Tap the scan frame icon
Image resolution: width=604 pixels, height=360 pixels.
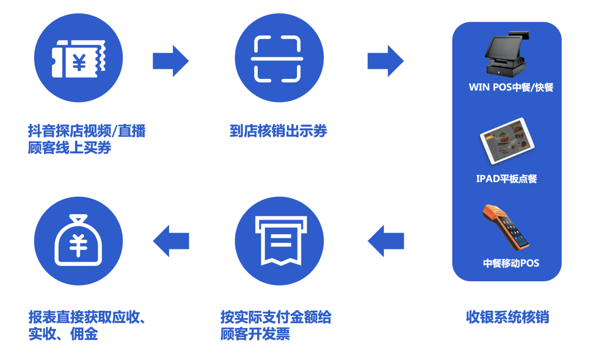pyautogui.click(x=277, y=59)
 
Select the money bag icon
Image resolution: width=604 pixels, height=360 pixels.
pyautogui.click(x=78, y=240)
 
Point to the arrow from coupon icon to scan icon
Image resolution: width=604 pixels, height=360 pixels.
pyautogui.click(x=171, y=61)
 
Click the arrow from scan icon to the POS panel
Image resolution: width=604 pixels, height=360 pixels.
pyautogui.click(x=385, y=61)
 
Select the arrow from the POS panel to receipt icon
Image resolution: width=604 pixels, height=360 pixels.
pyautogui.click(x=385, y=241)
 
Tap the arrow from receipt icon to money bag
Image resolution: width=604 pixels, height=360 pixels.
pyautogui.click(x=171, y=241)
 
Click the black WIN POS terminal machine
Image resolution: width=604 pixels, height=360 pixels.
pyautogui.click(x=506, y=55)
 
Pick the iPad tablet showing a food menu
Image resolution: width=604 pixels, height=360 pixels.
pyautogui.click(x=507, y=141)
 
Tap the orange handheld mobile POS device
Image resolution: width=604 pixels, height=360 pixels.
pyautogui.click(x=505, y=227)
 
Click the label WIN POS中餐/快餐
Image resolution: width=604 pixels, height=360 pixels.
pyautogui.click(x=511, y=87)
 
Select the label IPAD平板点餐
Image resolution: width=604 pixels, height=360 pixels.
pyautogui.click(x=507, y=179)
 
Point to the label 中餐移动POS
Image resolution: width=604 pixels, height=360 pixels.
pyautogui.click(x=511, y=263)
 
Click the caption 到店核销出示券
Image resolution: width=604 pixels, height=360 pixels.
pyautogui.click(x=278, y=131)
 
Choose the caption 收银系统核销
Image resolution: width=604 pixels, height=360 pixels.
pyautogui.click(x=507, y=317)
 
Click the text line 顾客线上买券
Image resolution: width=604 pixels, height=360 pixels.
pyautogui.click(x=70, y=148)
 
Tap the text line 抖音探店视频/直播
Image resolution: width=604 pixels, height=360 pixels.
pyautogui.click(x=87, y=131)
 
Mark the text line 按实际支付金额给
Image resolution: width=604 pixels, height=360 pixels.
pyautogui.click(x=276, y=317)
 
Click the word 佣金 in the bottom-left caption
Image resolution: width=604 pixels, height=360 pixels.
pyautogui.click(x=84, y=334)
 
